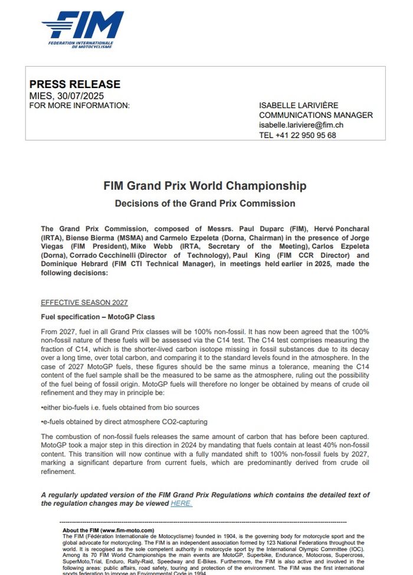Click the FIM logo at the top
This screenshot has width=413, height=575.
click(x=83, y=29)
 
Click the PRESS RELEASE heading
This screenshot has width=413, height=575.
click(x=74, y=84)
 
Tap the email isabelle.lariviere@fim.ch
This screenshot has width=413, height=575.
click(x=301, y=125)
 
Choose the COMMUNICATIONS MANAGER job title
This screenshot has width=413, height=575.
click(x=316, y=115)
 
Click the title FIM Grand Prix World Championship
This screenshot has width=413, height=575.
click(x=205, y=186)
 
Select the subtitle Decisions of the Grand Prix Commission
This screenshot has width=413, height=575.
click(x=205, y=203)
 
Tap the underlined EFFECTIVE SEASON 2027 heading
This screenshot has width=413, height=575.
click(x=84, y=303)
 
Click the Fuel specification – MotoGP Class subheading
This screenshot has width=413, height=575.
click(x=94, y=317)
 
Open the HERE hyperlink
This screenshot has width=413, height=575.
click(x=181, y=503)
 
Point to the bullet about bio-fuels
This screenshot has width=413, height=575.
click(x=120, y=407)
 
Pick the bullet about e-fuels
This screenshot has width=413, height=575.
click(x=124, y=421)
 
